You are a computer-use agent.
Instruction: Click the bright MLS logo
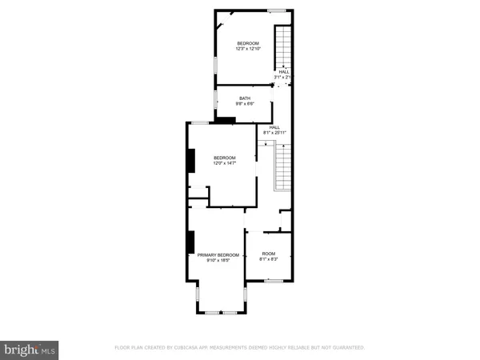coord(30,350)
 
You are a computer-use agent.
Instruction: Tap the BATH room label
coord(244,98)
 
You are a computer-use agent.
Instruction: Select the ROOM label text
coord(268,254)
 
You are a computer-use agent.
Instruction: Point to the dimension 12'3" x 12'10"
coord(248,49)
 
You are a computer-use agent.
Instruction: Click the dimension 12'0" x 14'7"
coord(225,163)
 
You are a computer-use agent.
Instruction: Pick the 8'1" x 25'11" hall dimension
coord(274,132)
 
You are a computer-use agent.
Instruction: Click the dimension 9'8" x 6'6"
coord(244,104)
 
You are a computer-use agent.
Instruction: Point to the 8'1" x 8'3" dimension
coord(268,260)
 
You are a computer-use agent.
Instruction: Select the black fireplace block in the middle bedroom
coord(190,161)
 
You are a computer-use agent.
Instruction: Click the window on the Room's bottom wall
coord(274,281)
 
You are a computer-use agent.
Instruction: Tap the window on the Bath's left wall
coord(216,99)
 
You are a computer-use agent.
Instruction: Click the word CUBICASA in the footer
coord(194,348)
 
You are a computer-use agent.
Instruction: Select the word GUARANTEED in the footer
coord(346,348)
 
